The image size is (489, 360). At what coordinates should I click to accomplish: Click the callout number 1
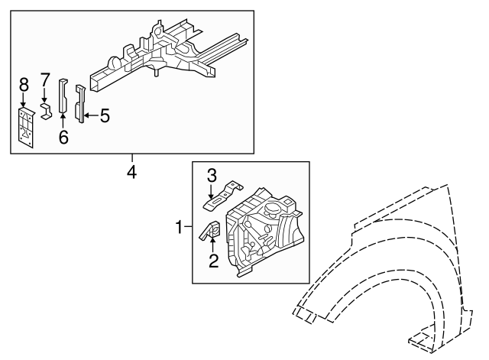click(180, 227)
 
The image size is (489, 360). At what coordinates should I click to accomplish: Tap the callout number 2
click(214, 261)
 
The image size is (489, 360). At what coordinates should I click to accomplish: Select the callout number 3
click(214, 176)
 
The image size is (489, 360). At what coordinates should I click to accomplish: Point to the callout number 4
click(131, 173)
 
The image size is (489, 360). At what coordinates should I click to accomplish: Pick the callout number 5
click(104, 116)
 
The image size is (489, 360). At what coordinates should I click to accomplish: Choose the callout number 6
click(63, 137)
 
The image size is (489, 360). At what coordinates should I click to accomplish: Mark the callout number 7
click(44, 80)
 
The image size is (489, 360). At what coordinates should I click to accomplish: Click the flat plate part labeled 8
click(26, 126)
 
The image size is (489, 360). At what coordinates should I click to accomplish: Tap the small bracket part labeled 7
click(46, 112)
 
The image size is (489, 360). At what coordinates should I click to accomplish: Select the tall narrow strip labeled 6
click(63, 96)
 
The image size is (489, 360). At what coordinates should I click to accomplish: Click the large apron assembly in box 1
click(264, 229)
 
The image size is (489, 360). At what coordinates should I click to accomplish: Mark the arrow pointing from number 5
click(90, 116)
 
